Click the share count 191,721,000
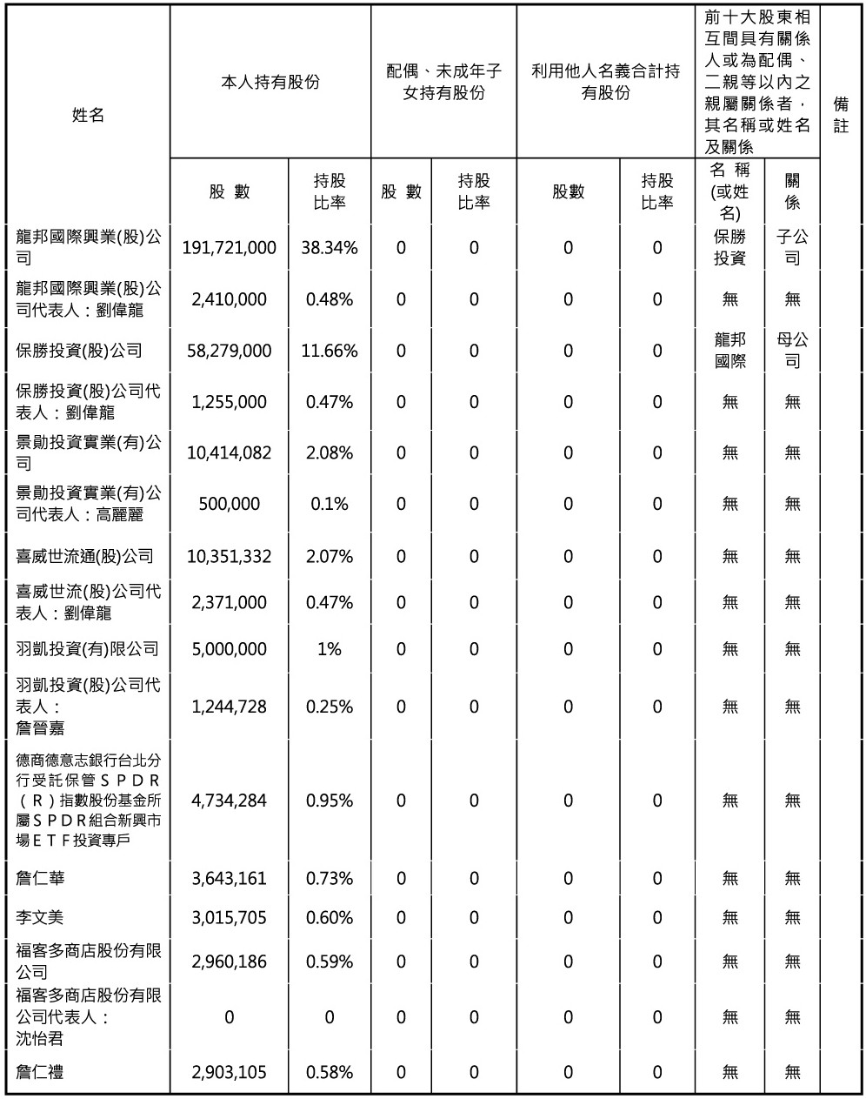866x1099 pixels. pyautogui.click(x=229, y=248)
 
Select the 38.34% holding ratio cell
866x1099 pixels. pyautogui.click(x=329, y=248)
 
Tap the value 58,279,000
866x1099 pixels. pyautogui.click(x=229, y=351)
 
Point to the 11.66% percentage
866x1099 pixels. pyautogui.click(x=329, y=351)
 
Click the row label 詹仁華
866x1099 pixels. pyautogui.click(x=41, y=878)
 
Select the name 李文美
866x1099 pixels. pyautogui.click(x=41, y=917)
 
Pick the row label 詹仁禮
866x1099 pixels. pyautogui.click(x=41, y=1072)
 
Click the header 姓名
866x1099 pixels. pyautogui.click(x=88, y=115)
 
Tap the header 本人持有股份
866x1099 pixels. pyautogui.click(x=270, y=82)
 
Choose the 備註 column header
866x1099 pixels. pyautogui.click(x=841, y=115)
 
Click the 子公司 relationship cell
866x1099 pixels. pyautogui.click(x=792, y=248)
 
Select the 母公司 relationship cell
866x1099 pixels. pyautogui.click(x=792, y=350)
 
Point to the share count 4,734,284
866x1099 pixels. pyautogui.click(x=229, y=800)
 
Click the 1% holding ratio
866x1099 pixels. pyautogui.click(x=329, y=649)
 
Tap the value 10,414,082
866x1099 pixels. pyautogui.click(x=229, y=452)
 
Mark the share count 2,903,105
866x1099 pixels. pyautogui.click(x=229, y=1072)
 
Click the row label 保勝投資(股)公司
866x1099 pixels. pyautogui.click(x=79, y=351)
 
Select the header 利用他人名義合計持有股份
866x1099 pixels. pyautogui.click(x=605, y=82)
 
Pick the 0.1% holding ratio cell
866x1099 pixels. pyautogui.click(x=329, y=504)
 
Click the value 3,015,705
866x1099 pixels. pyautogui.click(x=229, y=917)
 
